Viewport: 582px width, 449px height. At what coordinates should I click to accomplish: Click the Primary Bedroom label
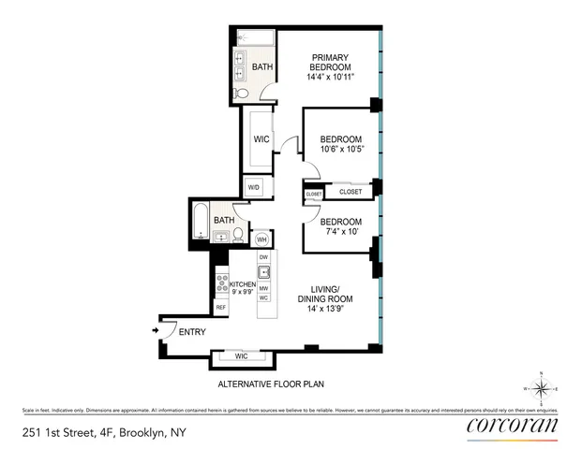click(331, 68)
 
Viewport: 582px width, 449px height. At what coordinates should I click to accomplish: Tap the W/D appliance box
click(253, 187)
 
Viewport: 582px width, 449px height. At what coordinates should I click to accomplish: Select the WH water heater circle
click(262, 239)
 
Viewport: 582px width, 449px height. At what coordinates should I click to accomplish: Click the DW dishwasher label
click(263, 256)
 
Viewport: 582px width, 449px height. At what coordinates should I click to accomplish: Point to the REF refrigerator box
click(221, 307)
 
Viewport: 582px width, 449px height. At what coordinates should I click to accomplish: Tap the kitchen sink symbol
click(264, 273)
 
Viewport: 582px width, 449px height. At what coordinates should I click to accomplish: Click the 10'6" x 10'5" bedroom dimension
click(341, 148)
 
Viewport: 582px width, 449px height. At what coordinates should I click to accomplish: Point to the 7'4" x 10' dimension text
click(340, 231)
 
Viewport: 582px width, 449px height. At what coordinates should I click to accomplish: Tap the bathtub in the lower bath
click(201, 225)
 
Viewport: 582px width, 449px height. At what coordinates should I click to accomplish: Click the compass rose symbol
click(542, 388)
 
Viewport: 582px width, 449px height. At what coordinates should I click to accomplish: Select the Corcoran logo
click(511, 427)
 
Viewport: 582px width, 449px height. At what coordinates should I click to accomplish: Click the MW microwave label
click(264, 288)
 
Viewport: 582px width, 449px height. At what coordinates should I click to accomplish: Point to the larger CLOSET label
click(351, 192)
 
